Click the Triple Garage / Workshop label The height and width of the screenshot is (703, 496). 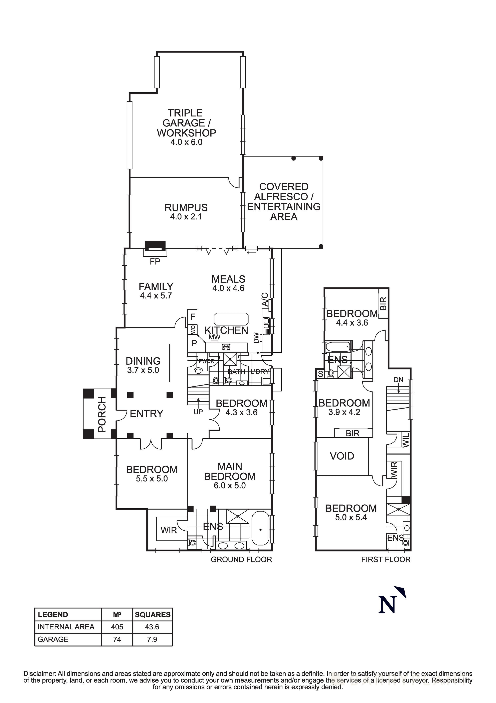coord(186,123)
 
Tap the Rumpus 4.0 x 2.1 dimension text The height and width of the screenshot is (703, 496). coord(186,217)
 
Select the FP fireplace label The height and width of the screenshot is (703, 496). coord(155,262)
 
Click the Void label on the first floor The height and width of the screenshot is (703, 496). coord(342,456)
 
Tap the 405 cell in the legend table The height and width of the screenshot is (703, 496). coord(117,627)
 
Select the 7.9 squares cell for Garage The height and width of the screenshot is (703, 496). coord(152,639)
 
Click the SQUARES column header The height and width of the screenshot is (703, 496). coord(153,615)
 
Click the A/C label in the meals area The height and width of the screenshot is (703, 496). coord(265,300)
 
